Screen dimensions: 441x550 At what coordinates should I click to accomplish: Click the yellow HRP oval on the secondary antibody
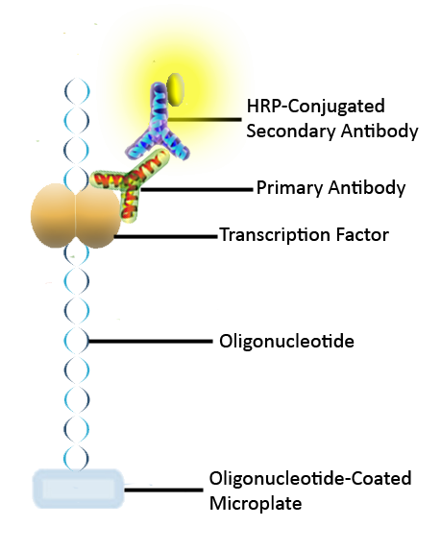175,89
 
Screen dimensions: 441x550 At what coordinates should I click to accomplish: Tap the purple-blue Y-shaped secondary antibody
158,127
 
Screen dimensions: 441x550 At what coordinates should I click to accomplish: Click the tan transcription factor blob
76,215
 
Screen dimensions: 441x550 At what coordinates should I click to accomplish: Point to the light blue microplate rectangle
78,489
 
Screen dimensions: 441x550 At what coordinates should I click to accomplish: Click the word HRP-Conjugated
316,106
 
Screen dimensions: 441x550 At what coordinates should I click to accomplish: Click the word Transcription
275,234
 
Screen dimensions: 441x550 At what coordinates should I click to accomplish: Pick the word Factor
362,234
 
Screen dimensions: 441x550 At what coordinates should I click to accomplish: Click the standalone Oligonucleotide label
286,341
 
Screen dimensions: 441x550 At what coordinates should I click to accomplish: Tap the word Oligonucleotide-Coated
310,478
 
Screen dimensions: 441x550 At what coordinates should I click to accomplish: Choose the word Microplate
256,504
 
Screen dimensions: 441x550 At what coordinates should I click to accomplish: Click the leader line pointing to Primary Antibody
197,189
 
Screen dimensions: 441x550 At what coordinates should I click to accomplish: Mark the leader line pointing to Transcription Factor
165,237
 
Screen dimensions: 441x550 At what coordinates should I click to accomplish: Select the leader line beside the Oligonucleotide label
150,341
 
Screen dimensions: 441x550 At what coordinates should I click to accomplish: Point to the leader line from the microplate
164,490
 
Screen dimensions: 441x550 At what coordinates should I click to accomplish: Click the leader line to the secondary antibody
205,120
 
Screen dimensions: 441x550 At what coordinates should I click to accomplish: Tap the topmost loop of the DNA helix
77,91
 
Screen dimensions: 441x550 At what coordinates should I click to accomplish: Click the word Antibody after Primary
367,188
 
